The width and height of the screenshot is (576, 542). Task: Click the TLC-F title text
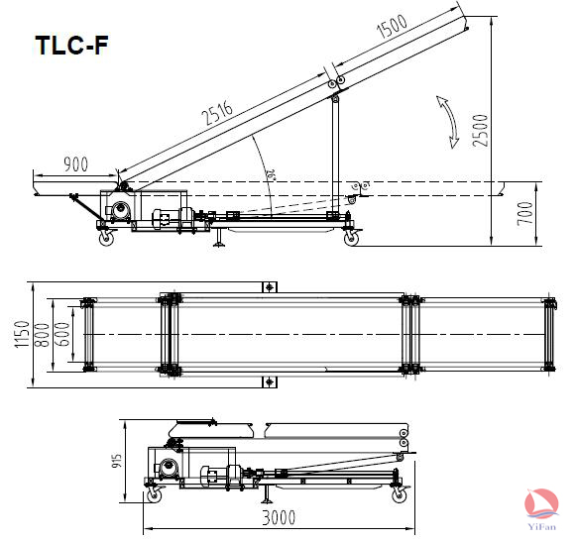(71, 46)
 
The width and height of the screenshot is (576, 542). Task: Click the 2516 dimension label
(217, 111)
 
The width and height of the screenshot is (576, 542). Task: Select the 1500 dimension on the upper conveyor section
(392, 26)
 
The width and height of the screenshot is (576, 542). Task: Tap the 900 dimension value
(76, 164)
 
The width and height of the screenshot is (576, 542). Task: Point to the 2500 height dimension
(481, 131)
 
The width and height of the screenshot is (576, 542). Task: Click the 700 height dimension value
(524, 213)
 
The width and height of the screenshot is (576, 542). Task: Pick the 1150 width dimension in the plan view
(22, 334)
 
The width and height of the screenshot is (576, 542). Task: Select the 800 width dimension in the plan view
(42, 335)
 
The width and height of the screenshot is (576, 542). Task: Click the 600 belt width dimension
(62, 334)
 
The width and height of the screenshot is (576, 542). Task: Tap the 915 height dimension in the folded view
(116, 461)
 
